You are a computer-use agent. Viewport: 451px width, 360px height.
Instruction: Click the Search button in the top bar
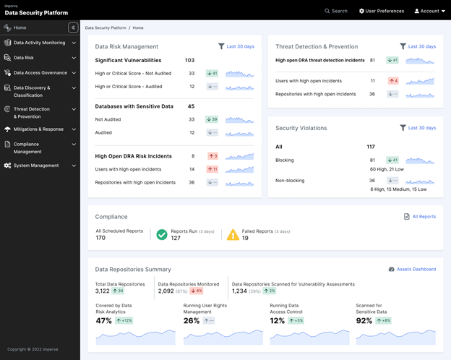(x=336, y=11)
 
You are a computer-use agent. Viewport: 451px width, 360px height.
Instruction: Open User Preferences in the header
(x=382, y=11)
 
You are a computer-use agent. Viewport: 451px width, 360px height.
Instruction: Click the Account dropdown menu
(x=427, y=11)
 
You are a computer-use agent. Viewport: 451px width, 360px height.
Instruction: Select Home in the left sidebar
(x=20, y=27)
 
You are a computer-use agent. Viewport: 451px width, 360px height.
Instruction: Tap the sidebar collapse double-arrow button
(x=73, y=27)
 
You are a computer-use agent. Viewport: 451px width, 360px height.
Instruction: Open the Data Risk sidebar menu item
(x=25, y=58)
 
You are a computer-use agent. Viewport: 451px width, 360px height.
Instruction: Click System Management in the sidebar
(x=35, y=166)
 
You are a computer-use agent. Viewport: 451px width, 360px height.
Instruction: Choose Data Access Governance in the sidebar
(x=40, y=73)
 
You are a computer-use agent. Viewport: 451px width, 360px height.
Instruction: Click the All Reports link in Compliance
(x=420, y=216)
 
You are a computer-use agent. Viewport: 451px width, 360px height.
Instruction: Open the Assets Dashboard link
(x=412, y=269)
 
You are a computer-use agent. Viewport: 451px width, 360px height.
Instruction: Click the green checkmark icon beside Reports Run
(x=162, y=234)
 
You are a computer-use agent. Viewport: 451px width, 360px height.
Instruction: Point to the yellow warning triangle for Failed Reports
(x=233, y=234)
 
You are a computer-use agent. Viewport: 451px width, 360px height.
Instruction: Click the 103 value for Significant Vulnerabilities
(x=190, y=61)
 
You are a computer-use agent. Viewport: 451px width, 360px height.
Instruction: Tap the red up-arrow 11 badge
(x=212, y=169)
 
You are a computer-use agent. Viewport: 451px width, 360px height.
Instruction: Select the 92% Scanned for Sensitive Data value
(x=364, y=320)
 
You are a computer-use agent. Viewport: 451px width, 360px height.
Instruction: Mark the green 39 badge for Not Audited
(x=212, y=119)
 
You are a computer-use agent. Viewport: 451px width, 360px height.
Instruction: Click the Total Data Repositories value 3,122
(x=103, y=291)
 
